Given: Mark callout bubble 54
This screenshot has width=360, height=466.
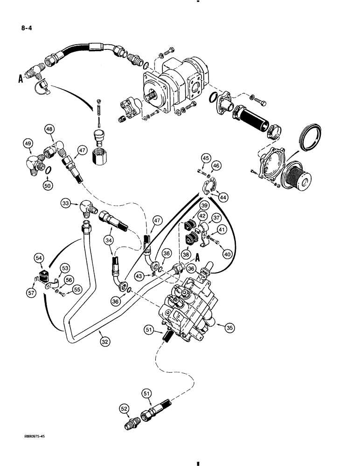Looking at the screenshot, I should tap(39, 258).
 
